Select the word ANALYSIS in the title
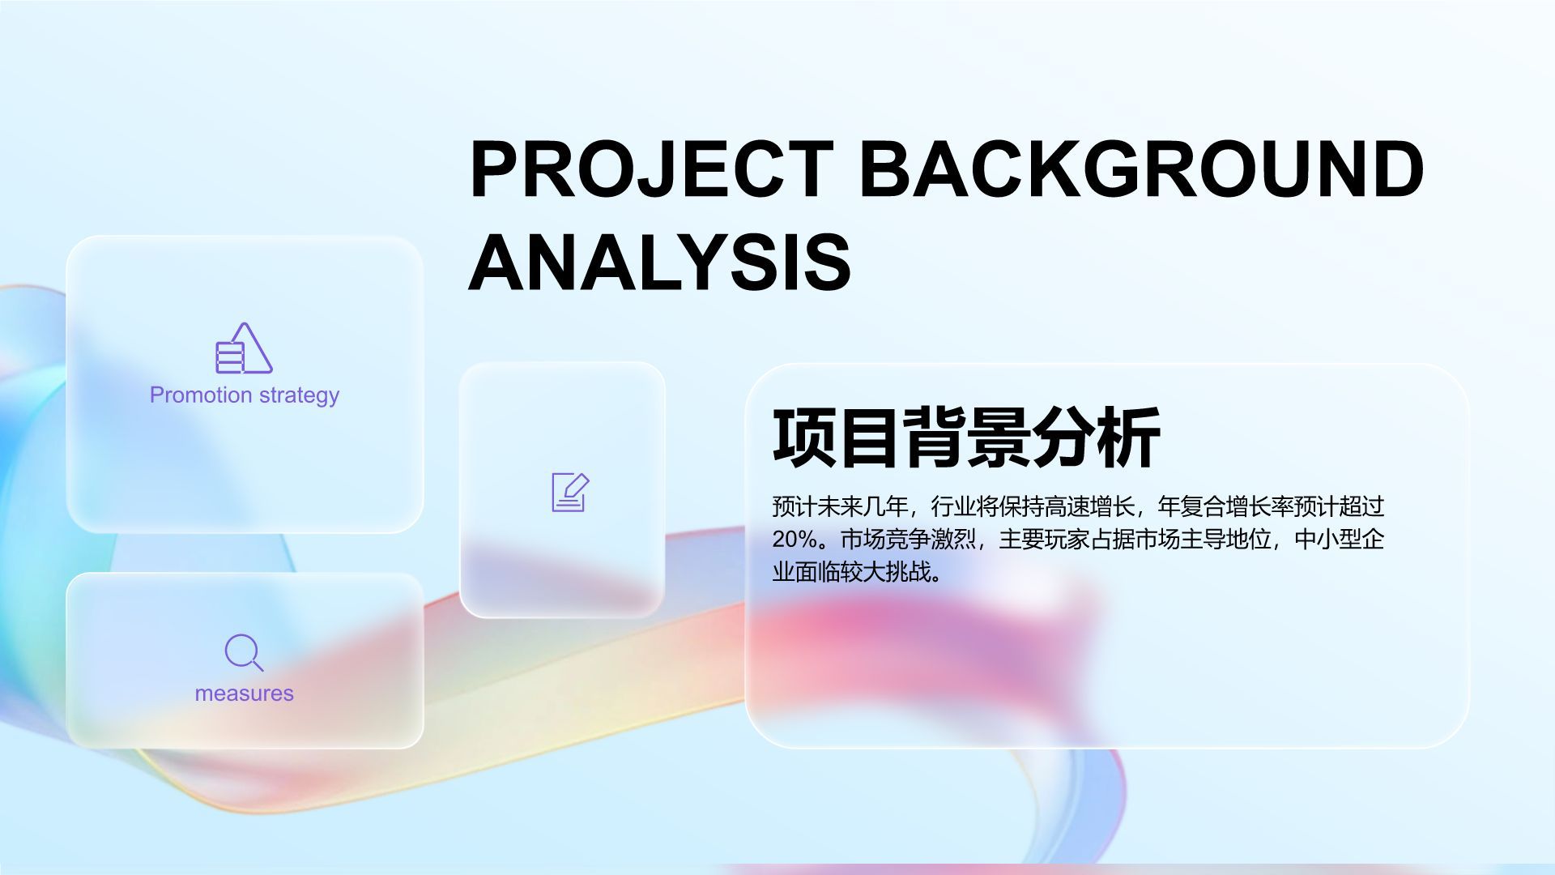pos(660,261)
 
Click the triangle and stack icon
pos(244,348)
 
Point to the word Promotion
pos(201,395)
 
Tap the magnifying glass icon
pos(244,653)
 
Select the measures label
pos(245,694)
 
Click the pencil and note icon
pos(570,492)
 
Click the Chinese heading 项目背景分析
pos(966,437)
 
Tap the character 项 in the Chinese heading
pos(804,437)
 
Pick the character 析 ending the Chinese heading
pos(1129,437)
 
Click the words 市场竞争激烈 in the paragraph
pos(909,540)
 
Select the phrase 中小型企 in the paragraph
pos(1340,540)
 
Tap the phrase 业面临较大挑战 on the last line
pos(851,572)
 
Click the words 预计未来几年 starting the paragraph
pos(841,507)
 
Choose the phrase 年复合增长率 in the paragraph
pos(1226,507)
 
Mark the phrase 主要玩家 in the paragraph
pos(1045,540)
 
